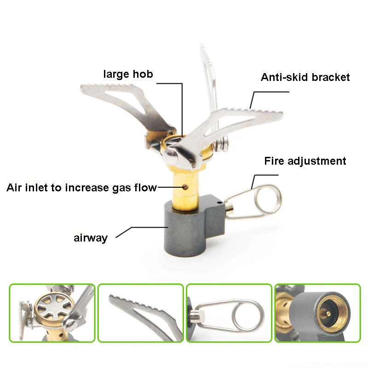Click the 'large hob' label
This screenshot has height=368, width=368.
(x=127, y=74)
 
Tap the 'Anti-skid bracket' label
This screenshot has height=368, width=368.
(x=305, y=77)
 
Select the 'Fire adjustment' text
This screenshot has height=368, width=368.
(x=305, y=161)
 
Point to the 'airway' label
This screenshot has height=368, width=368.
(x=91, y=238)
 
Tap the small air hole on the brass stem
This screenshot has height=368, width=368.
(x=184, y=187)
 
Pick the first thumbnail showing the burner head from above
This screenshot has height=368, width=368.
(x=52, y=313)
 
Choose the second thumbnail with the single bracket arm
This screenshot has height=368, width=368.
(x=141, y=313)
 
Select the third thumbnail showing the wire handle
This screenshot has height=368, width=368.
(x=229, y=313)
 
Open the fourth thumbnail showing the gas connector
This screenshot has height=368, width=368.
(x=317, y=313)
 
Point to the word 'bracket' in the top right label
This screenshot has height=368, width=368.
(x=330, y=77)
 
